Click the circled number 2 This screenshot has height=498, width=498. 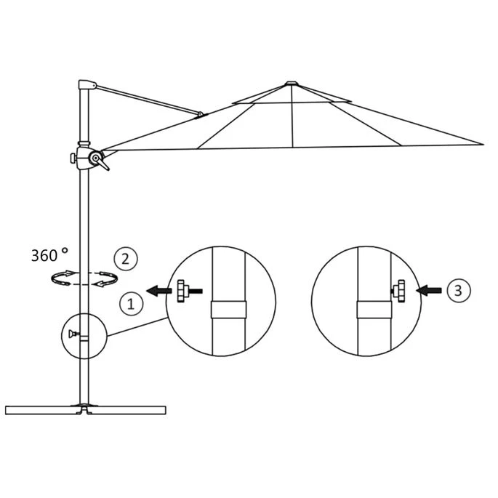[x=125, y=259]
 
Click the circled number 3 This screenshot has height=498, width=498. [x=456, y=291]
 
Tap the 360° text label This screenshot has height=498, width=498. [x=49, y=254]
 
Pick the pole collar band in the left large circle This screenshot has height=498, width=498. [x=228, y=309]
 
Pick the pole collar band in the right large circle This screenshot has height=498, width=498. [x=374, y=310]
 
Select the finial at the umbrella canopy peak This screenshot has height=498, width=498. [x=291, y=83]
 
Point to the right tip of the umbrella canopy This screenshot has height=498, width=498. [x=481, y=144]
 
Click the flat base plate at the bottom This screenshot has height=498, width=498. [x=87, y=409]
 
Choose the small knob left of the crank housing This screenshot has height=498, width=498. [x=73, y=157]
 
